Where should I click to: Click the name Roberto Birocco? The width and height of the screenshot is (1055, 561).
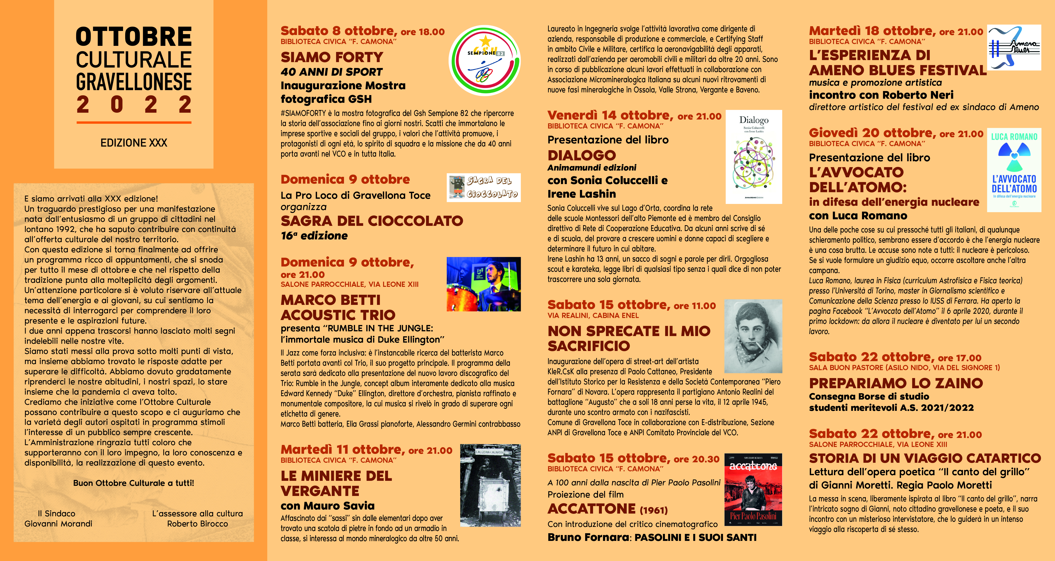[197, 524]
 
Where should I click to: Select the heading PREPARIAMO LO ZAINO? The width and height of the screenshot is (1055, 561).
[896, 383]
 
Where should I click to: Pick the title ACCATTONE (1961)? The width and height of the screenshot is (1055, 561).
[607, 509]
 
